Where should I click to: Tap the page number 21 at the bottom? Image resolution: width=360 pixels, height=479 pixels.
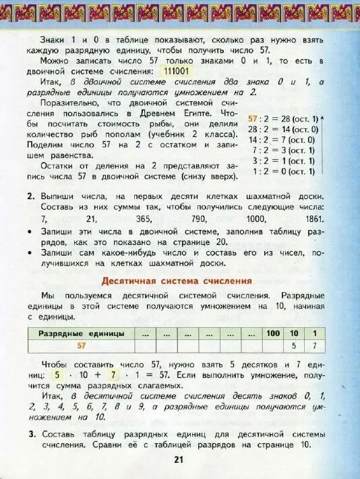pyautogui.click(x=179, y=459)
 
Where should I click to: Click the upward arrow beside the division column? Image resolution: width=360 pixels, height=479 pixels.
pyautogui.click(x=322, y=144)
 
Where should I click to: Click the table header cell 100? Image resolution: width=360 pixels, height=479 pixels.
pyautogui.click(x=272, y=333)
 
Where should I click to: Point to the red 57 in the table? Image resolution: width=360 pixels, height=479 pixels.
pyautogui.click(x=82, y=345)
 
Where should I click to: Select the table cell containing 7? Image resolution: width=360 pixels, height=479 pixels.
pyautogui.click(x=313, y=345)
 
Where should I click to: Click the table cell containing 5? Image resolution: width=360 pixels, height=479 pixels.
pyautogui.click(x=294, y=345)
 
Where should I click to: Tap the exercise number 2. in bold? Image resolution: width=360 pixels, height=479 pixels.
pyautogui.click(x=32, y=195)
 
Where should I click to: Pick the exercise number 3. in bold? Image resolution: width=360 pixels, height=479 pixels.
pyautogui.click(x=32, y=433)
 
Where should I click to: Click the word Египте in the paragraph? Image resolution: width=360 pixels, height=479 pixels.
pyautogui.click(x=202, y=114)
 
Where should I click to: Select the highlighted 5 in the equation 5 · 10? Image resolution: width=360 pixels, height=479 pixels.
pyautogui.click(x=58, y=374)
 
